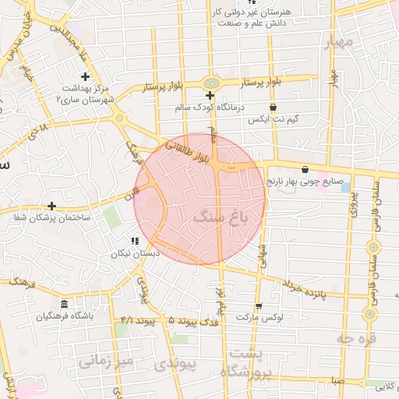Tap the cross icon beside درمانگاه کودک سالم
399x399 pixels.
point(210,95)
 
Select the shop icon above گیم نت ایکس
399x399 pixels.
point(273,108)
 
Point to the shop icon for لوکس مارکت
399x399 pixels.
point(258,306)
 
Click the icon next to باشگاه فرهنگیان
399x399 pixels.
point(65,304)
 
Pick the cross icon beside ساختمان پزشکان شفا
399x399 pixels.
point(51,206)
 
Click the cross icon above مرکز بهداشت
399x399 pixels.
point(85,76)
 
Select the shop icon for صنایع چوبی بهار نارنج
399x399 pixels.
point(305,168)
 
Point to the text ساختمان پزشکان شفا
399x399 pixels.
point(51,217)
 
